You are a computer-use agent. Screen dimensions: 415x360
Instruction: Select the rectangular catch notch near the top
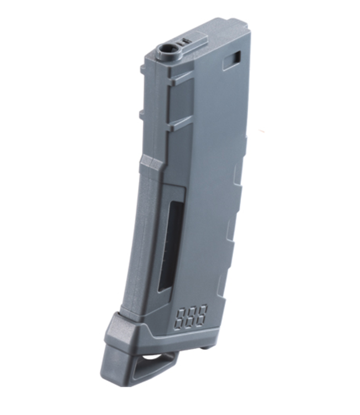[x=233, y=60]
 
